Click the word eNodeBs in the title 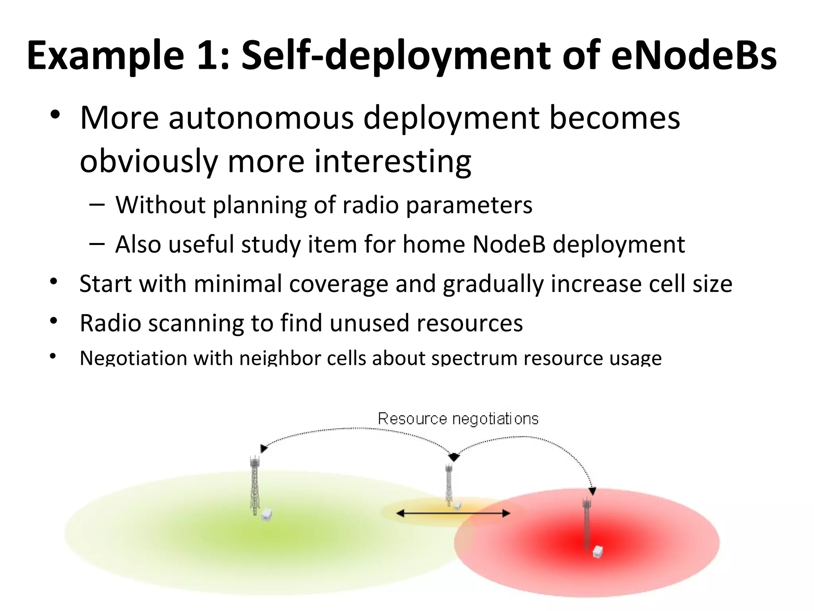point(693,56)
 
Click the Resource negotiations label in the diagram point(458,419)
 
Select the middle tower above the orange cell point(449,483)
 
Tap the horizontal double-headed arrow point(453,514)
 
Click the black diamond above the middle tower point(454,457)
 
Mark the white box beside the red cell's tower point(597,552)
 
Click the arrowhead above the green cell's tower point(264,449)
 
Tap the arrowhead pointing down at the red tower point(592,492)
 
